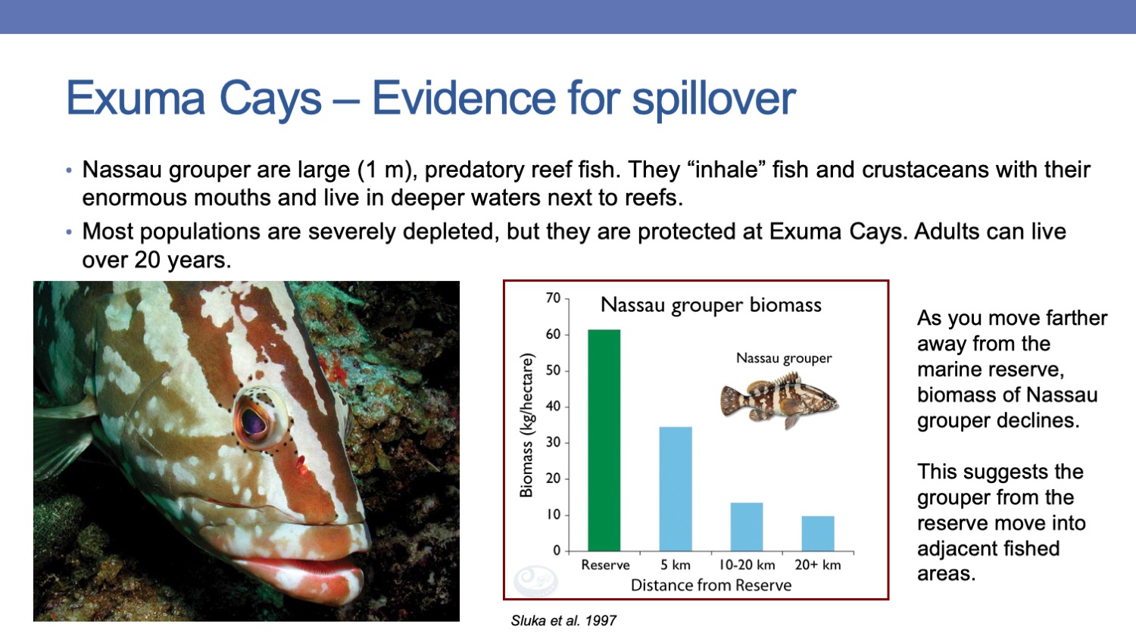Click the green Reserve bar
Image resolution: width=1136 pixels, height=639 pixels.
604,440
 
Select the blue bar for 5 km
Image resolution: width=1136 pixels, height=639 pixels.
676,489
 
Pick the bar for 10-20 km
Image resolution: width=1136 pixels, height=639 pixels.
747,527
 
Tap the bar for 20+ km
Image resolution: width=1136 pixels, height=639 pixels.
818,534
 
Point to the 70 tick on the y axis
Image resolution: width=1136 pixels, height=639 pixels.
554,298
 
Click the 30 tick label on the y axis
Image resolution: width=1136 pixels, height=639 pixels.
554,442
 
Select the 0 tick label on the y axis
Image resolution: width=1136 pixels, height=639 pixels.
557,550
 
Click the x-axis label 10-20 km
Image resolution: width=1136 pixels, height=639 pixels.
747,565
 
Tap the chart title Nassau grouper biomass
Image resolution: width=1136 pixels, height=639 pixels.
711,305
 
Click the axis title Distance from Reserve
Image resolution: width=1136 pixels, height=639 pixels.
711,585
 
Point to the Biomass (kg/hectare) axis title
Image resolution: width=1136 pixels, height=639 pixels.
527,425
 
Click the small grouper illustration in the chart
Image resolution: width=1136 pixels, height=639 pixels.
779,401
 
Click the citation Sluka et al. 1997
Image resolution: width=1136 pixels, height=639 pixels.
563,621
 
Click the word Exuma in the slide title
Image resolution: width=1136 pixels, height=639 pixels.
136,98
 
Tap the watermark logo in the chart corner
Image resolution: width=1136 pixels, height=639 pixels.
536,580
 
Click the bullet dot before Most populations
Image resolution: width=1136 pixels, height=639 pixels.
69,232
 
